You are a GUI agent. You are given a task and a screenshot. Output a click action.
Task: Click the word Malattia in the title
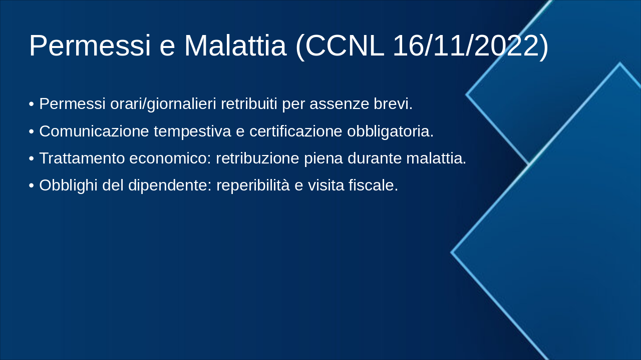(x=235, y=45)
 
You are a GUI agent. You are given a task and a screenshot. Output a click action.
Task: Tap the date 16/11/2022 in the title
(x=466, y=45)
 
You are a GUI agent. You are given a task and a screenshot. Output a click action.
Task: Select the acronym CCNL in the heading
(x=345, y=45)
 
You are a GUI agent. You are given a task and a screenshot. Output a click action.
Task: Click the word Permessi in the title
(x=90, y=45)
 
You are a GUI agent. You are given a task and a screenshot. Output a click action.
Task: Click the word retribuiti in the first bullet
(x=248, y=104)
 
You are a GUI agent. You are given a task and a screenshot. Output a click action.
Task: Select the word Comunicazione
(x=94, y=131)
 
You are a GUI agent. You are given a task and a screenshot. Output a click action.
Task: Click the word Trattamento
(x=82, y=158)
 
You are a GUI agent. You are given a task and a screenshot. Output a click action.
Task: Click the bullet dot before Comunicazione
(x=32, y=131)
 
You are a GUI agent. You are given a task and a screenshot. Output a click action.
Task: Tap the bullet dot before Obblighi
(x=32, y=185)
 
